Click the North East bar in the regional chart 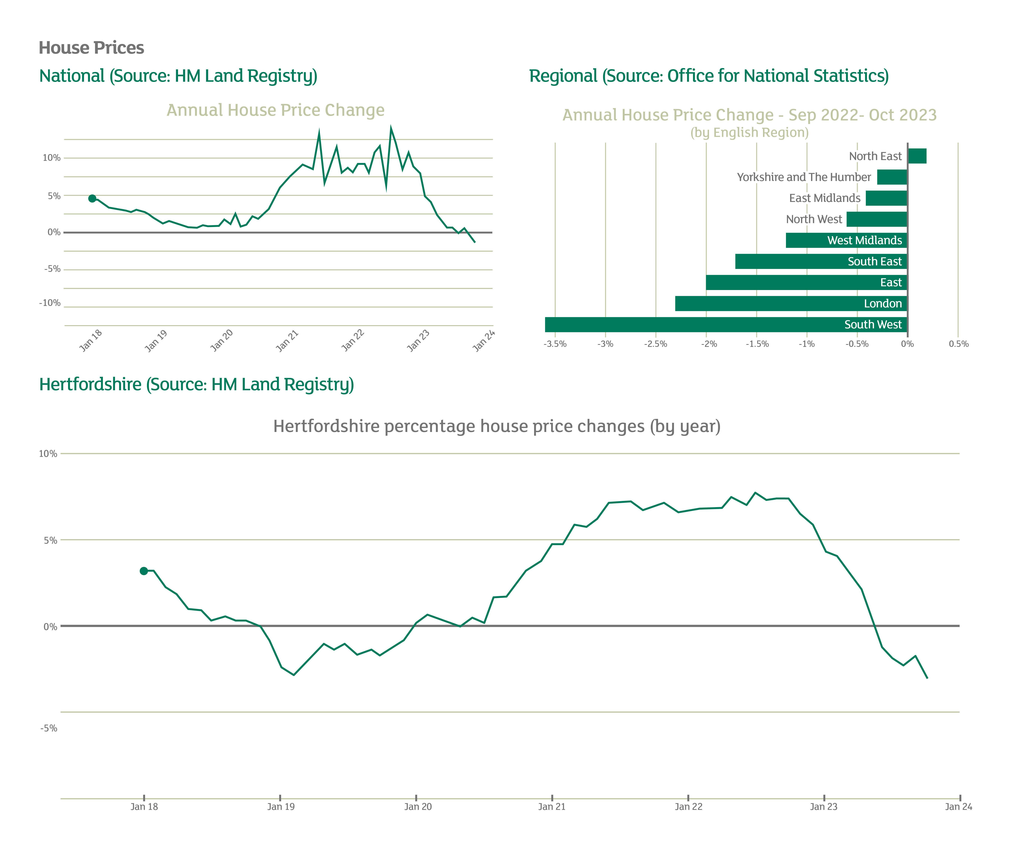pos(917,156)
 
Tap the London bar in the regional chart pos(791,304)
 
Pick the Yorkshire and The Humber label pos(804,177)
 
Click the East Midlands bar pos(886,198)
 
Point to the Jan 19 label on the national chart pos(156,341)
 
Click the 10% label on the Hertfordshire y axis pos(48,454)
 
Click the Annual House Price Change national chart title pos(275,110)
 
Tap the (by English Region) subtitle pos(749,133)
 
